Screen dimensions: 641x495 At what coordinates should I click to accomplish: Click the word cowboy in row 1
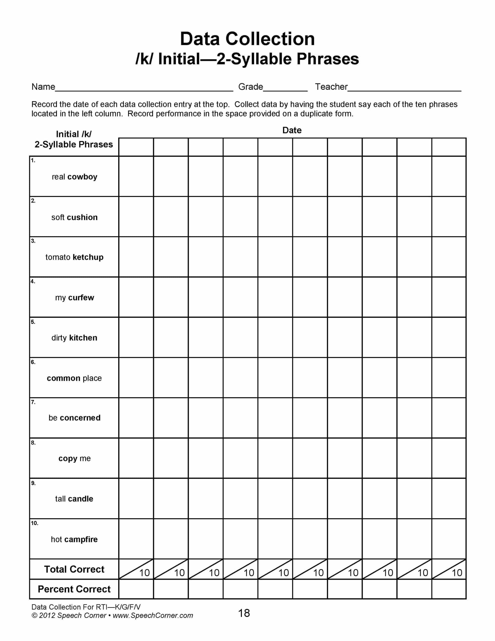pyautogui.click(x=82, y=177)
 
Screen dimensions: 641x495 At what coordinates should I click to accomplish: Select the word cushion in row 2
pyautogui.click(x=82, y=218)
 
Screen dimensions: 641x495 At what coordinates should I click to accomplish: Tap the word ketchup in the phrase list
pyautogui.click(x=88, y=257)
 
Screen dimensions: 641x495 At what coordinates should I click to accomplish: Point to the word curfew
pyautogui.click(x=81, y=298)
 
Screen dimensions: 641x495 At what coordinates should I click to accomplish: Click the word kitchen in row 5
pyautogui.click(x=83, y=338)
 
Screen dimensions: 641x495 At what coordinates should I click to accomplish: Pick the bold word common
pyautogui.click(x=63, y=378)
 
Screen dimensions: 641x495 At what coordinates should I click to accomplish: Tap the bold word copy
pyautogui.click(x=68, y=459)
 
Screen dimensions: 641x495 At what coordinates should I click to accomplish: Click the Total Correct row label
pyautogui.click(x=74, y=569)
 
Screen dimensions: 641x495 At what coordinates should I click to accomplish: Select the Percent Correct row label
pyautogui.click(x=74, y=589)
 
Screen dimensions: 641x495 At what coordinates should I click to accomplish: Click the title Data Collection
pyautogui.click(x=247, y=39)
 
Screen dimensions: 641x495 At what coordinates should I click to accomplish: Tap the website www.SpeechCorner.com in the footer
pyautogui.click(x=153, y=616)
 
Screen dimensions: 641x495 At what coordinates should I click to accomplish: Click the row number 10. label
pyautogui.click(x=35, y=523)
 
